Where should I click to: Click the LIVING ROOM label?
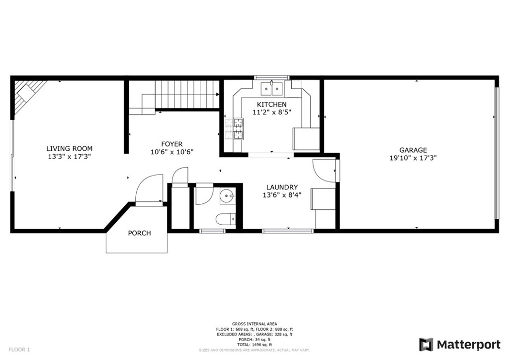click(x=69, y=149)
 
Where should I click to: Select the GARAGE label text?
click(x=413, y=150)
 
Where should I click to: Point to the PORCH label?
click(x=139, y=233)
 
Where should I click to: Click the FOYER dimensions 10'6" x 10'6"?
click(x=172, y=152)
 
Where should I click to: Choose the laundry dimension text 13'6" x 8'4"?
click(x=282, y=195)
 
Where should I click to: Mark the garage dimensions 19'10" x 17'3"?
click(x=413, y=158)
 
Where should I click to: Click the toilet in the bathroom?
click(x=226, y=219)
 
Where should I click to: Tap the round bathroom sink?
click(x=226, y=196)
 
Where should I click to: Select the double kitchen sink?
click(x=272, y=89)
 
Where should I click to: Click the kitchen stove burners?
click(x=235, y=129)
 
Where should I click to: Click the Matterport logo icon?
click(x=426, y=345)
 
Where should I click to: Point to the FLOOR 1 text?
click(x=19, y=350)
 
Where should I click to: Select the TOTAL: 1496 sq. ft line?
click(x=254, y=345)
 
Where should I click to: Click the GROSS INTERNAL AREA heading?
click(x=254, y=324)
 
